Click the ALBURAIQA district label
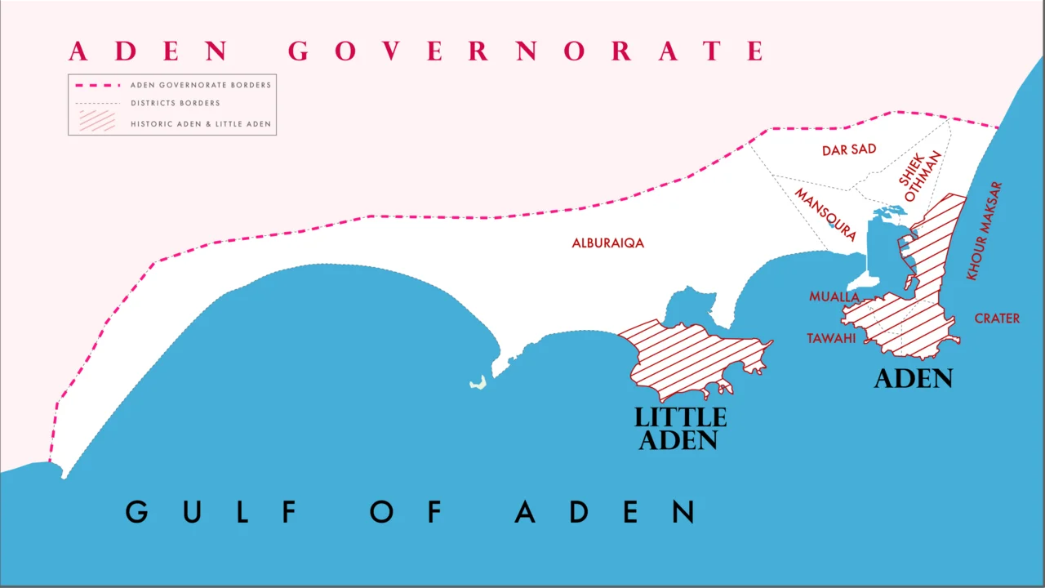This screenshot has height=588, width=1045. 607,243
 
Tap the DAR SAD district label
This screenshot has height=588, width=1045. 849,150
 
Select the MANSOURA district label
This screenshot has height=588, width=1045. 825,215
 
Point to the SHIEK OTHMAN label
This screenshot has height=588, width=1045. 920,176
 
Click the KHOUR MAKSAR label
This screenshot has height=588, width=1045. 984,231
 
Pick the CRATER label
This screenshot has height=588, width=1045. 997,318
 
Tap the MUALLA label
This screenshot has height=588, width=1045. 834,297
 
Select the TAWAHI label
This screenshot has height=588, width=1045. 831,338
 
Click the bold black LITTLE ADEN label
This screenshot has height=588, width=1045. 680,429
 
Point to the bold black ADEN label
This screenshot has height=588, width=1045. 914,379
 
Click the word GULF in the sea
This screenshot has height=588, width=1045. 211,512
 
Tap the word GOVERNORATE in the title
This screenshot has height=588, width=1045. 527,51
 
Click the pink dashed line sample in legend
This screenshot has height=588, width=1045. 97,85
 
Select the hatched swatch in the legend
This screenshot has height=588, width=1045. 97,121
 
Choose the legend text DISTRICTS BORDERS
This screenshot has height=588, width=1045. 176,104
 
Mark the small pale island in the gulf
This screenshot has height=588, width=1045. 478,382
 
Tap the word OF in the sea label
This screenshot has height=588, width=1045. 406,512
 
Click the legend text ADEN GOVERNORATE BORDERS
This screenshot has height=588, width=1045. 201,85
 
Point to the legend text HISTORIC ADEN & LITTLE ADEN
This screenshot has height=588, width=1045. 201,125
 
